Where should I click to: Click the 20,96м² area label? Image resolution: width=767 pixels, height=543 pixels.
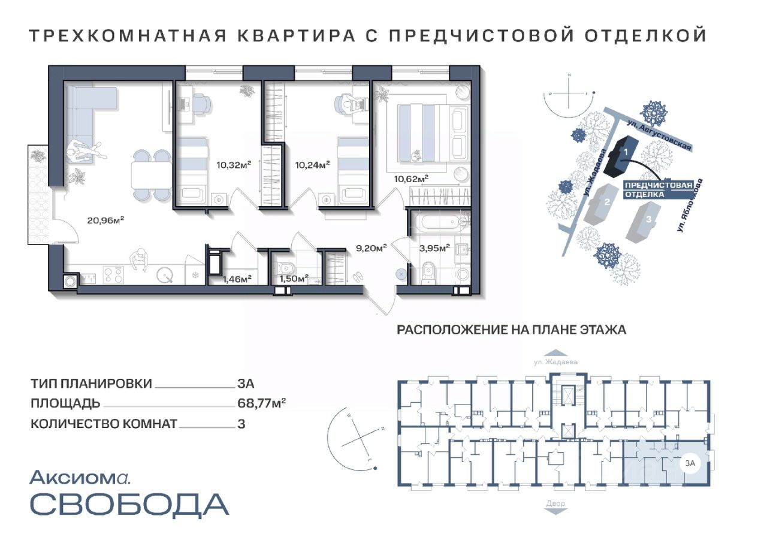point(105,220)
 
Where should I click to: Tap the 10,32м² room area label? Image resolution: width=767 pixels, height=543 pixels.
point(234,165)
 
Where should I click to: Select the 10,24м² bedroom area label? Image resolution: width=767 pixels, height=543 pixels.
point(313,165)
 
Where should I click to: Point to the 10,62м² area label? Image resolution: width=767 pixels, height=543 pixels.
point(411,179)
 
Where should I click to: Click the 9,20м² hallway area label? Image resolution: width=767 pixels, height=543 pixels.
point(372,248)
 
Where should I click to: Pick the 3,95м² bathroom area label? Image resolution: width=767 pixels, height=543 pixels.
point(434,248)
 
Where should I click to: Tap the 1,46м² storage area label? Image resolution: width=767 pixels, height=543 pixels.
point(237,279)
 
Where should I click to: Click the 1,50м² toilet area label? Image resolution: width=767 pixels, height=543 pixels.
point(294,278)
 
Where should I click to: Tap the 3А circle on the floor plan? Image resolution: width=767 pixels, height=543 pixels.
point(690,463)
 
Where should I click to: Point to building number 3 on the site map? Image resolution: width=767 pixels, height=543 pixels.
point(648,219)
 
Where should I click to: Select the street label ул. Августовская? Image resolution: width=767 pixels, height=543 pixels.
point(660,135)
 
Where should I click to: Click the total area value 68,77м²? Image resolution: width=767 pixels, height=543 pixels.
point(262,403)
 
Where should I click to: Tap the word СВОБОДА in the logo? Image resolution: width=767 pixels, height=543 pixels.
point(129,504)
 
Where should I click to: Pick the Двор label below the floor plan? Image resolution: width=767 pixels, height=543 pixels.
point(555,503)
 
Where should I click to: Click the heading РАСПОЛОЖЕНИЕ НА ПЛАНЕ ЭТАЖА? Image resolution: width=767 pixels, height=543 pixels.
point(512,330)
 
